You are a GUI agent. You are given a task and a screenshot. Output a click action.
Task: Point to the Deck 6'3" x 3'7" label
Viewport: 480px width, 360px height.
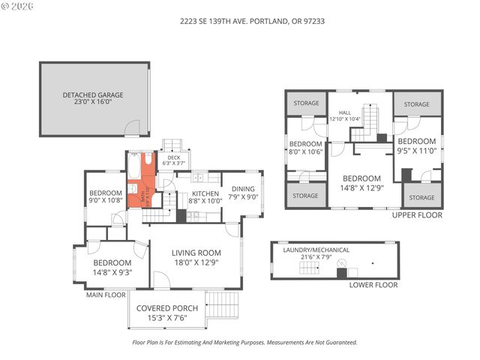coord(173,160)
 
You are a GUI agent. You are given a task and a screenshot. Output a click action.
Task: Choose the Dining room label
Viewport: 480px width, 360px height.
coord(244,193)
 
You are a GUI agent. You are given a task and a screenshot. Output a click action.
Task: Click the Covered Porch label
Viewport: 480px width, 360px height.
coord(167,313)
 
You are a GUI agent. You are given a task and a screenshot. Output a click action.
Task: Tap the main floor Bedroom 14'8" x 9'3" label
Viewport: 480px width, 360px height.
coord(112,267)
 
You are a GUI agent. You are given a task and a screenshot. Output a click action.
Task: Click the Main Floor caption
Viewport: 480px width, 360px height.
coord(105,295)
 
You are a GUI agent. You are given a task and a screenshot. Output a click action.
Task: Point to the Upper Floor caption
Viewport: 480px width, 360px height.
coord(416,214)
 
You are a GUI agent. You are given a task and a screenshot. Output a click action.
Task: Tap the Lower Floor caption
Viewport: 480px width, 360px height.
coord(372,285)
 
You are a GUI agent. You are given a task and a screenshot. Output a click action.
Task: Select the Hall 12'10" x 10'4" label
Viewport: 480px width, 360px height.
coord(345,115)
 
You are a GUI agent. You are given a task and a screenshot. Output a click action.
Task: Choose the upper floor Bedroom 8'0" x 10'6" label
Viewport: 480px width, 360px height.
coord(305,147)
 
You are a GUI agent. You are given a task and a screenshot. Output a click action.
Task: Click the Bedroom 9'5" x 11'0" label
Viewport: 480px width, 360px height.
coord(416,145)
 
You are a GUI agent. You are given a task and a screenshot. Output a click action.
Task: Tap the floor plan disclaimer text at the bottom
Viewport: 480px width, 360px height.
coord(244,342)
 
